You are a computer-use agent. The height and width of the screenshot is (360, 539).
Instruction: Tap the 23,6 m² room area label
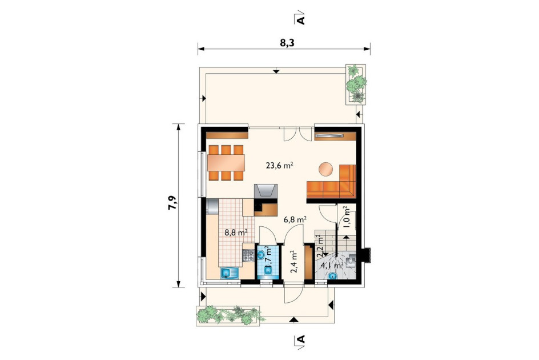pyautogui.click(x=279, y=165)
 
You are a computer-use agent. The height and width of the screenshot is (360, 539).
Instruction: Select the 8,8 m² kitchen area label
pyautogui.click(x=236, y=233)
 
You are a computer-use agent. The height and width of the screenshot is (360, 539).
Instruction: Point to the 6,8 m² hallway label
pyautogui.click(x=295, y=219)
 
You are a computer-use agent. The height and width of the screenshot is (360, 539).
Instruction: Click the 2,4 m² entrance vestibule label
pyautogui.click(x=295, y=262)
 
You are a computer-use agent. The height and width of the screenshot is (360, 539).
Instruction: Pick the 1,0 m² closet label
pyautogui.click(x=346, y=217)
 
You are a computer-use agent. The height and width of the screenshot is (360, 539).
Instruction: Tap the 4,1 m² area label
pyautogui.click(x=332, y=265)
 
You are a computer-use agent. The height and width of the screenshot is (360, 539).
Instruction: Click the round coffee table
pyautogui.click(x=325, y=169)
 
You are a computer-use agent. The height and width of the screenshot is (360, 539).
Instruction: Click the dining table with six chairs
pyautogui.click(x=226, y=163)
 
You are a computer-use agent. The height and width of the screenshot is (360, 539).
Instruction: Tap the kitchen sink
pyautogui.click(x=230, y=273)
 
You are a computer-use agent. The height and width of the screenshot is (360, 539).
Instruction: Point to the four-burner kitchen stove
pyautogui.click(x=248, y=255)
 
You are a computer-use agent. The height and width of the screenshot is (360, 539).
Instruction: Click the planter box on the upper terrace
pyautogui.click(x=356, y=84)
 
